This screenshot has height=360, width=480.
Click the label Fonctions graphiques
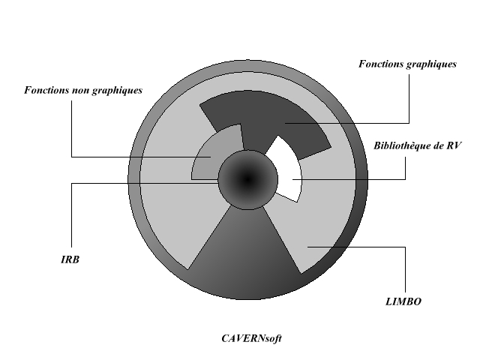click(408, 64)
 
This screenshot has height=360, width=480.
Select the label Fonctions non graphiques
click(83, 91)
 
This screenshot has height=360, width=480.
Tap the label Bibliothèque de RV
click(418, 145)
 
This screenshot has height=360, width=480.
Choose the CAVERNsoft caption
click(251, 338)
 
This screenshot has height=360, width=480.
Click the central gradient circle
click(247, 178)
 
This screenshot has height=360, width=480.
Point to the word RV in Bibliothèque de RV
click(453, 145)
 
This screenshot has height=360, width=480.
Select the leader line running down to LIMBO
click(406, 270)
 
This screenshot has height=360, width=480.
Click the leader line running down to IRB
click(72, 217)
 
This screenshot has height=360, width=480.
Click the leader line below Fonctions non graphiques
click(72, 127)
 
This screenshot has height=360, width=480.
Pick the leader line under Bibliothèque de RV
click(405, 169)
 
